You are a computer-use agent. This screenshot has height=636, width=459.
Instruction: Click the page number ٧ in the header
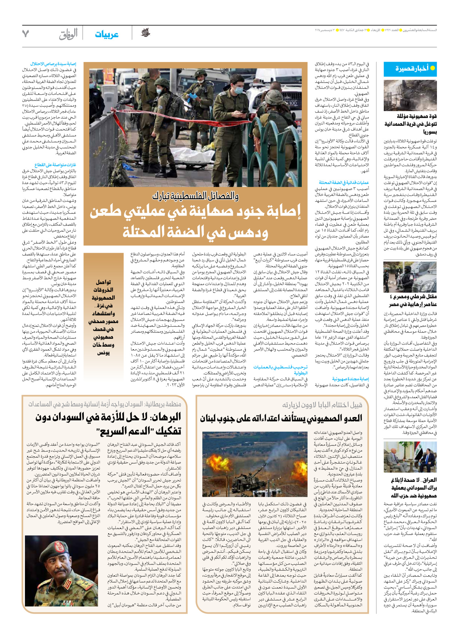25,34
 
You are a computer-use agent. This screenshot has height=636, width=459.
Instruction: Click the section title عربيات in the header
106,34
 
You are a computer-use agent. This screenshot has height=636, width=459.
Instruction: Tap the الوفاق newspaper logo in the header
68,34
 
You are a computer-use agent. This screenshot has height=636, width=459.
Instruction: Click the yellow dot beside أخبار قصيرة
433,68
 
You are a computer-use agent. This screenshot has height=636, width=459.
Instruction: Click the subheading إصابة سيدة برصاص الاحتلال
53,64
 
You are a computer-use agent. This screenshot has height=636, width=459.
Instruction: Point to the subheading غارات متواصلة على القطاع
55,165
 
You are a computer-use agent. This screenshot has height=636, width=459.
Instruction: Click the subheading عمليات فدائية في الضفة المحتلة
344,182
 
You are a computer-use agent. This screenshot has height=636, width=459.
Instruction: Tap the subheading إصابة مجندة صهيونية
350,379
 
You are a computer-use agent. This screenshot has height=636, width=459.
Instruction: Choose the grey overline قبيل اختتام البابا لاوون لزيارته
322,405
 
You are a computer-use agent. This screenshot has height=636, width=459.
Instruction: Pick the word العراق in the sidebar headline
429,480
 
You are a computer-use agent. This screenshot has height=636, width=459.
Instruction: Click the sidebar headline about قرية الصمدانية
411,124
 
